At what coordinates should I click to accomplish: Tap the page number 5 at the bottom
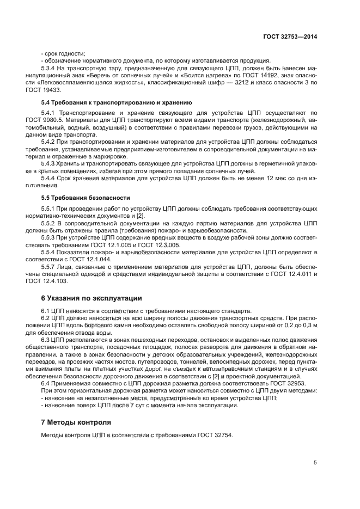(315, 463)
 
